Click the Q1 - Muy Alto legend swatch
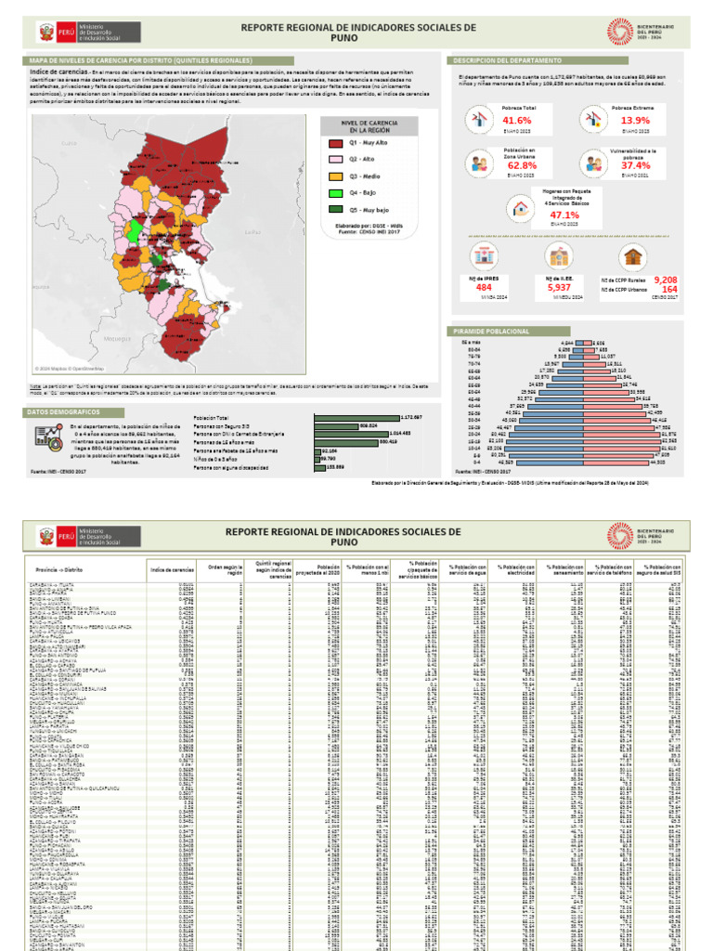pos(335,144)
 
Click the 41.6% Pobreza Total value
pos(517,121)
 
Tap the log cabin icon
pos(633,256)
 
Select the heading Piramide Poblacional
pos(484,331)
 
